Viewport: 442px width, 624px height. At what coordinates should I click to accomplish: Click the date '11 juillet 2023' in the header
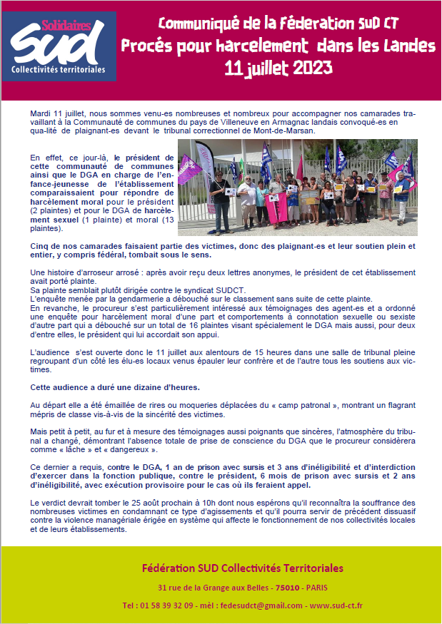point(278,68)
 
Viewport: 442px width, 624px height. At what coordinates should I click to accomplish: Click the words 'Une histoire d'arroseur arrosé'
point(85,273)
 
